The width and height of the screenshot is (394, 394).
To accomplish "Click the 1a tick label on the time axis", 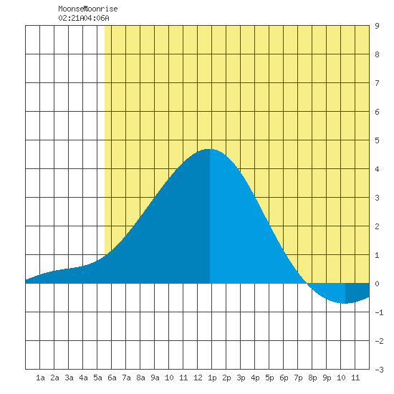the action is point(40,378).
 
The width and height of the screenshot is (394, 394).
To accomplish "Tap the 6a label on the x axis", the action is point(112,378).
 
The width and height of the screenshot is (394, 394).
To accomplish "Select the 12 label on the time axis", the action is point(198,378).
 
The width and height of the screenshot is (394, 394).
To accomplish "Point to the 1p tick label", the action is point(212,378).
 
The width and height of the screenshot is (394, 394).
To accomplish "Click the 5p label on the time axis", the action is point(269,378).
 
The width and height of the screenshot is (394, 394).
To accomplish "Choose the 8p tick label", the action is point(312,378).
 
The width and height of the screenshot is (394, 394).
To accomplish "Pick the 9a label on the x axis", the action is point(155,378).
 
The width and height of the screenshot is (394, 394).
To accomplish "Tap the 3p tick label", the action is point(241,378).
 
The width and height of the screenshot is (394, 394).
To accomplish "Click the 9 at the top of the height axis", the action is point(377,26).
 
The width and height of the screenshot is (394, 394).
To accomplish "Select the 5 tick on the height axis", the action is point(377,140).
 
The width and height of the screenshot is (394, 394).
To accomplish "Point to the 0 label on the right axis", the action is point(377,284).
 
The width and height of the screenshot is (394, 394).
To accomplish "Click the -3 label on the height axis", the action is point(380,370).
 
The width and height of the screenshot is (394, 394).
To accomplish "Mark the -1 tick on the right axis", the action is point(380,312).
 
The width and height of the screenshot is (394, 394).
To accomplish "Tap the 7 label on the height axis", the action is point(377,83).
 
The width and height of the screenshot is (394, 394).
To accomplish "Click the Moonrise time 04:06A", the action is point(97,18).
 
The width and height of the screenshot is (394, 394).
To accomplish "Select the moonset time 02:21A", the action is point(71,18).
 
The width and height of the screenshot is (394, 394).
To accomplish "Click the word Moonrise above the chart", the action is point(100,9).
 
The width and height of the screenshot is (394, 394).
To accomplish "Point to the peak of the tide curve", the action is point(210,149).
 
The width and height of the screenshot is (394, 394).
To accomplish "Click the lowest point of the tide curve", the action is point(345,303).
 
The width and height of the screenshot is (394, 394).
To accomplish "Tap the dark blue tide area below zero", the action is point(355,292).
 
